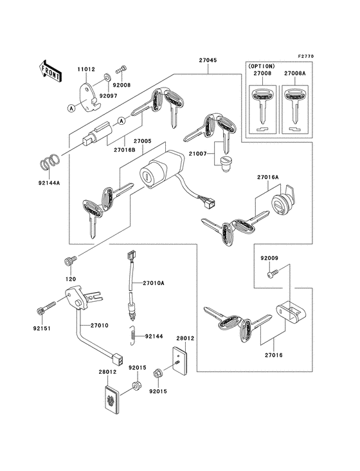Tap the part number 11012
[87, 68]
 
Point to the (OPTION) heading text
[262, 66]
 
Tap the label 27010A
[154, 283]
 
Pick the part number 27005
[143, 141]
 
